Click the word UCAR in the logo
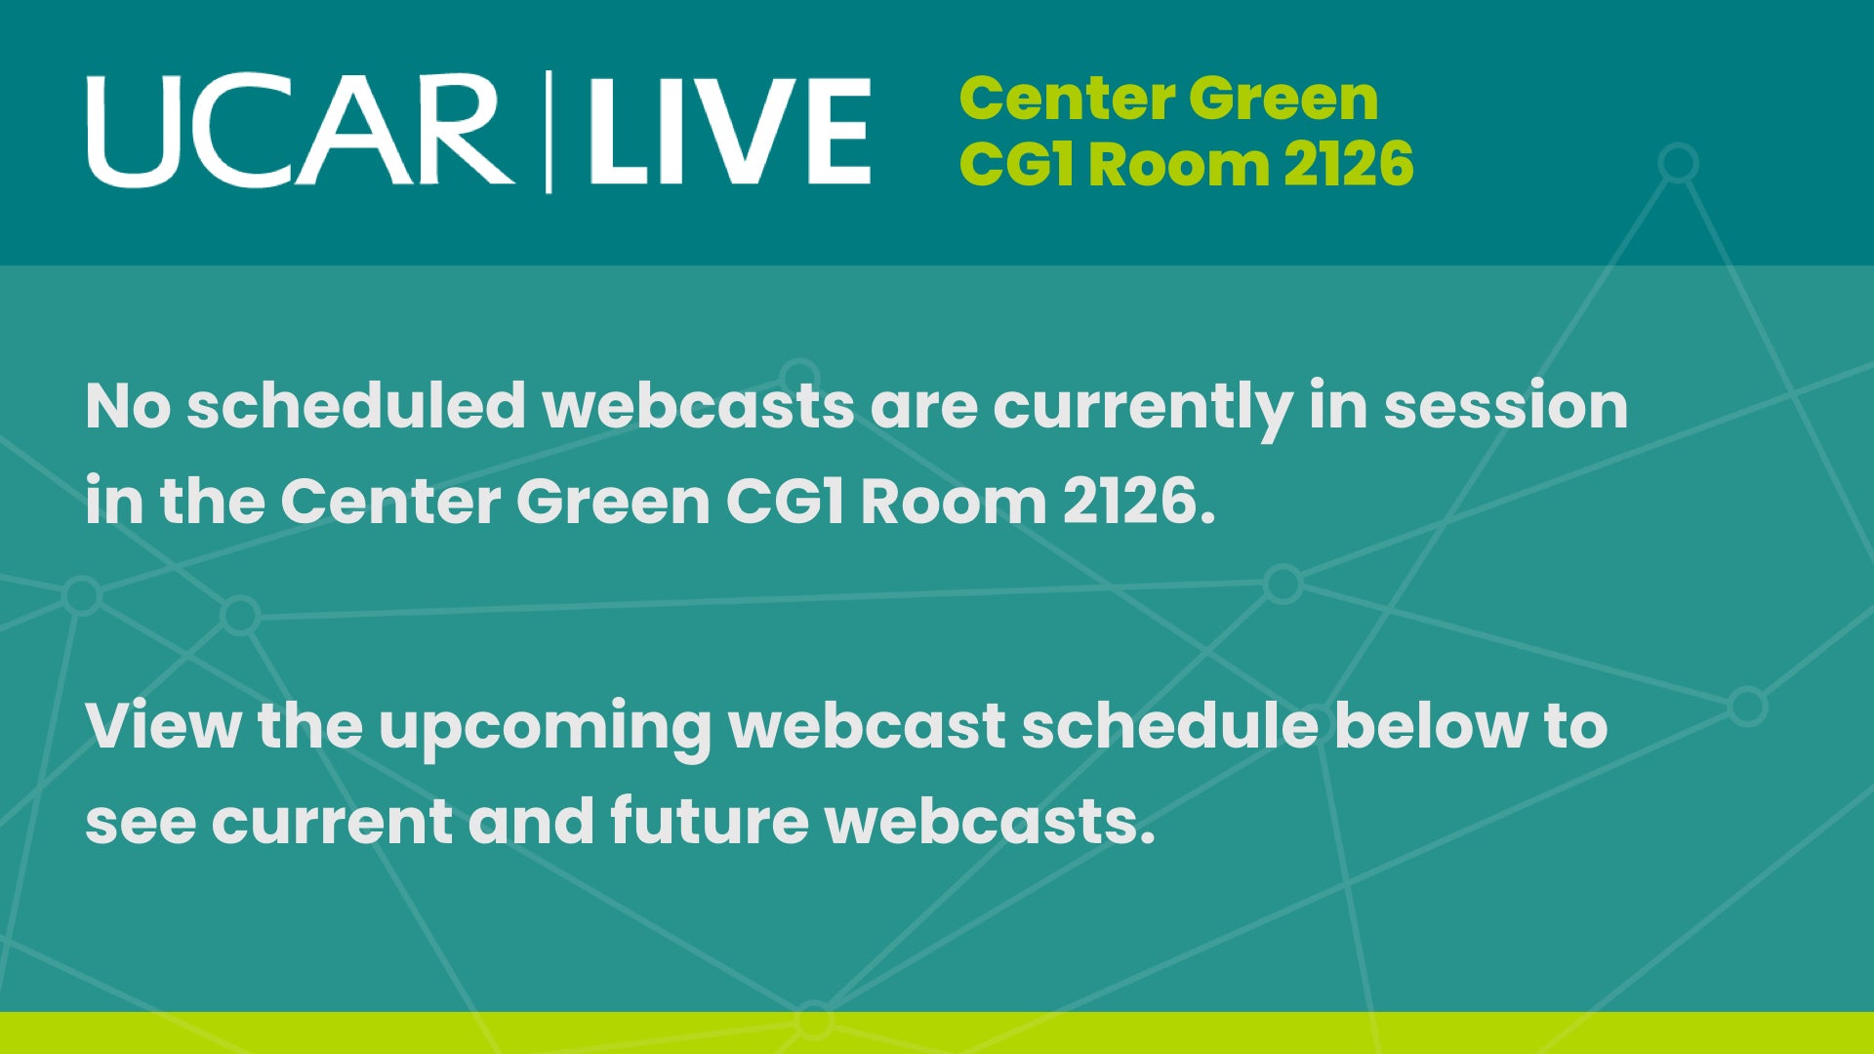(x=301, y=132)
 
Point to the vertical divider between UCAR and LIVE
(x=549, y=132)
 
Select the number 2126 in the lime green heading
(x=1349, y=163)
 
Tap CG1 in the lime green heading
(x=1017, y=163)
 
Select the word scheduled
(x=356, y=406)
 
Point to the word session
(x=1506, y=406)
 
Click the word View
(x=162, y=726)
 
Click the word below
(x=1429, y=726)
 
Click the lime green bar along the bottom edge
(x=937, y=1033)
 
